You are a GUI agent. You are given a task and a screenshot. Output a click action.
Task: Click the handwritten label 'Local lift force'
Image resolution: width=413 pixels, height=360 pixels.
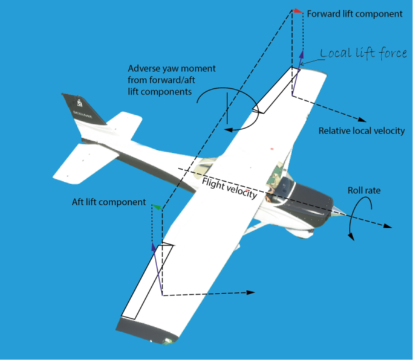[x=363, y=54]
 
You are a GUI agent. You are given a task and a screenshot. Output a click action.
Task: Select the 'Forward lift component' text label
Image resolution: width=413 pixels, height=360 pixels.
[x=354, y=13]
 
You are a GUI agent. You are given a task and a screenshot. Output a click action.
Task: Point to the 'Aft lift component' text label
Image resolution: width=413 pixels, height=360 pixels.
[x=109, y=202]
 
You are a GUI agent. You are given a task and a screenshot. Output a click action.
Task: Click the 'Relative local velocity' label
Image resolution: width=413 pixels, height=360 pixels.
[x=362, y=130]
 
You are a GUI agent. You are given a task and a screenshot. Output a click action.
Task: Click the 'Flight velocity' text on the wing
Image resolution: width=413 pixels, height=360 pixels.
[x=230, y=188]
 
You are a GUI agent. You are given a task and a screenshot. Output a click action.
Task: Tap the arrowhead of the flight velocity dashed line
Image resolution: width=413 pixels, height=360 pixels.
[x=387, y=227]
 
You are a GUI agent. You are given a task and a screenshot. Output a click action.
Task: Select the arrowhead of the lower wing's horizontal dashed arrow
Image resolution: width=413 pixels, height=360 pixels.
[x=250, y=292]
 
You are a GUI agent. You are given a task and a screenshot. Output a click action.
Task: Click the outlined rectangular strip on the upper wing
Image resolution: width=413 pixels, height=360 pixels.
[x=279, y=91]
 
